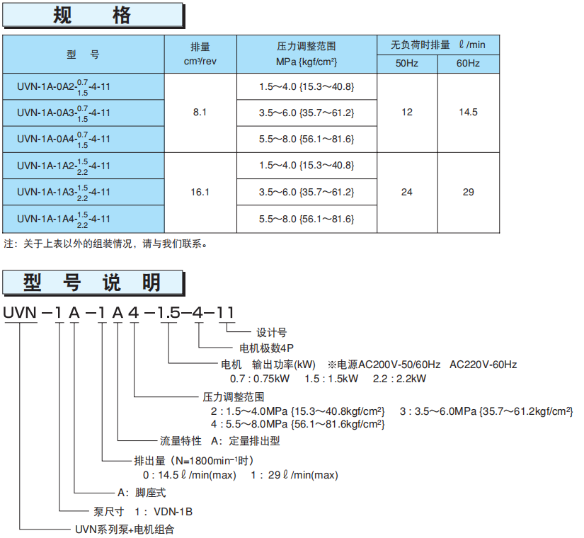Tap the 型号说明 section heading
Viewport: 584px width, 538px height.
coord(93,282)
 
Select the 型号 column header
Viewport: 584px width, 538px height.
coord(84,55)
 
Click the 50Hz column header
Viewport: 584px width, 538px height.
coord(406,64)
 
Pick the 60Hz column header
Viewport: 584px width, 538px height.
coord(468,64)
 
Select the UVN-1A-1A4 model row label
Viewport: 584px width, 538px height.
coord(64,219)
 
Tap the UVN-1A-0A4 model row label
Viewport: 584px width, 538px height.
coord(64,139)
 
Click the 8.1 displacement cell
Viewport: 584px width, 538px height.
coord(200,113)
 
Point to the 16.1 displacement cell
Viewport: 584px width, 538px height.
coord(200,192)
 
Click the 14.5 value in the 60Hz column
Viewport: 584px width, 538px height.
coord(468,113)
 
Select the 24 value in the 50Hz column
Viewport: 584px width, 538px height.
coord(406,192)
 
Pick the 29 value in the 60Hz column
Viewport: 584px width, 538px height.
coord(468,192)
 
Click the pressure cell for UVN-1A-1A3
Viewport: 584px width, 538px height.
coord(307,192)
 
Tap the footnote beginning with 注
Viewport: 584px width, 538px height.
coord(105,244)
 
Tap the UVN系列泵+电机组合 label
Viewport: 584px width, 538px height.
coord(124,529)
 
